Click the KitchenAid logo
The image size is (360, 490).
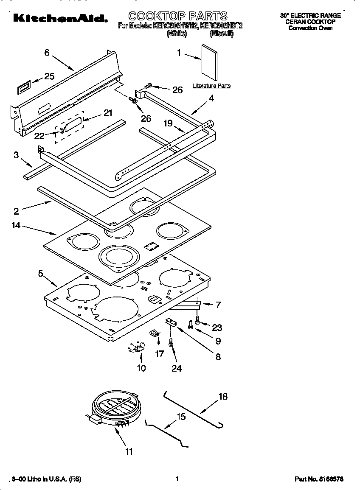tap(59, 18)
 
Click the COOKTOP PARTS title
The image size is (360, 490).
tap(178, 16)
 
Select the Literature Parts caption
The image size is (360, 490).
tap(211, 86)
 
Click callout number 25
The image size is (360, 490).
tap(49, 76)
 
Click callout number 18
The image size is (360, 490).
tap(223, 397)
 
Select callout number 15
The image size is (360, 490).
tap(181, 417)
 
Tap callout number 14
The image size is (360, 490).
tap(16, 225)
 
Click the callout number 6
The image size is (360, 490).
tap(47, 53)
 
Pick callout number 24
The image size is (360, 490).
tap(177, 368)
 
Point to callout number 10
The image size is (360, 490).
tap(141, 368)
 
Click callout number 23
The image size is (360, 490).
tap(217, 328)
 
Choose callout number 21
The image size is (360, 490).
tap(108, 113)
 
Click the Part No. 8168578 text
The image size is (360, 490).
tap(319, 479)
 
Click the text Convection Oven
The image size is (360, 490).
tap(310, 28)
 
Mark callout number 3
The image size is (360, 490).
tap(16, 155)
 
